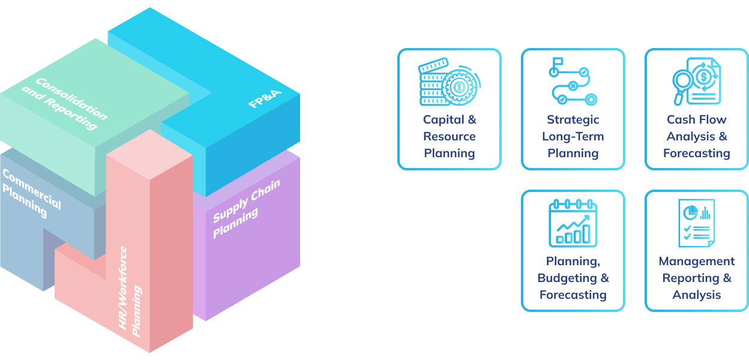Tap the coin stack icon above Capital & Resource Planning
450,82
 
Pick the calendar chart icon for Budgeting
573,223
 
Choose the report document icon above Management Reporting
696,223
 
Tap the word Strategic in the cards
573,119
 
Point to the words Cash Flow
696,119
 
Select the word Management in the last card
696,261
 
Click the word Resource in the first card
450,136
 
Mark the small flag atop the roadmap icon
557,61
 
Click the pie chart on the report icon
691,211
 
